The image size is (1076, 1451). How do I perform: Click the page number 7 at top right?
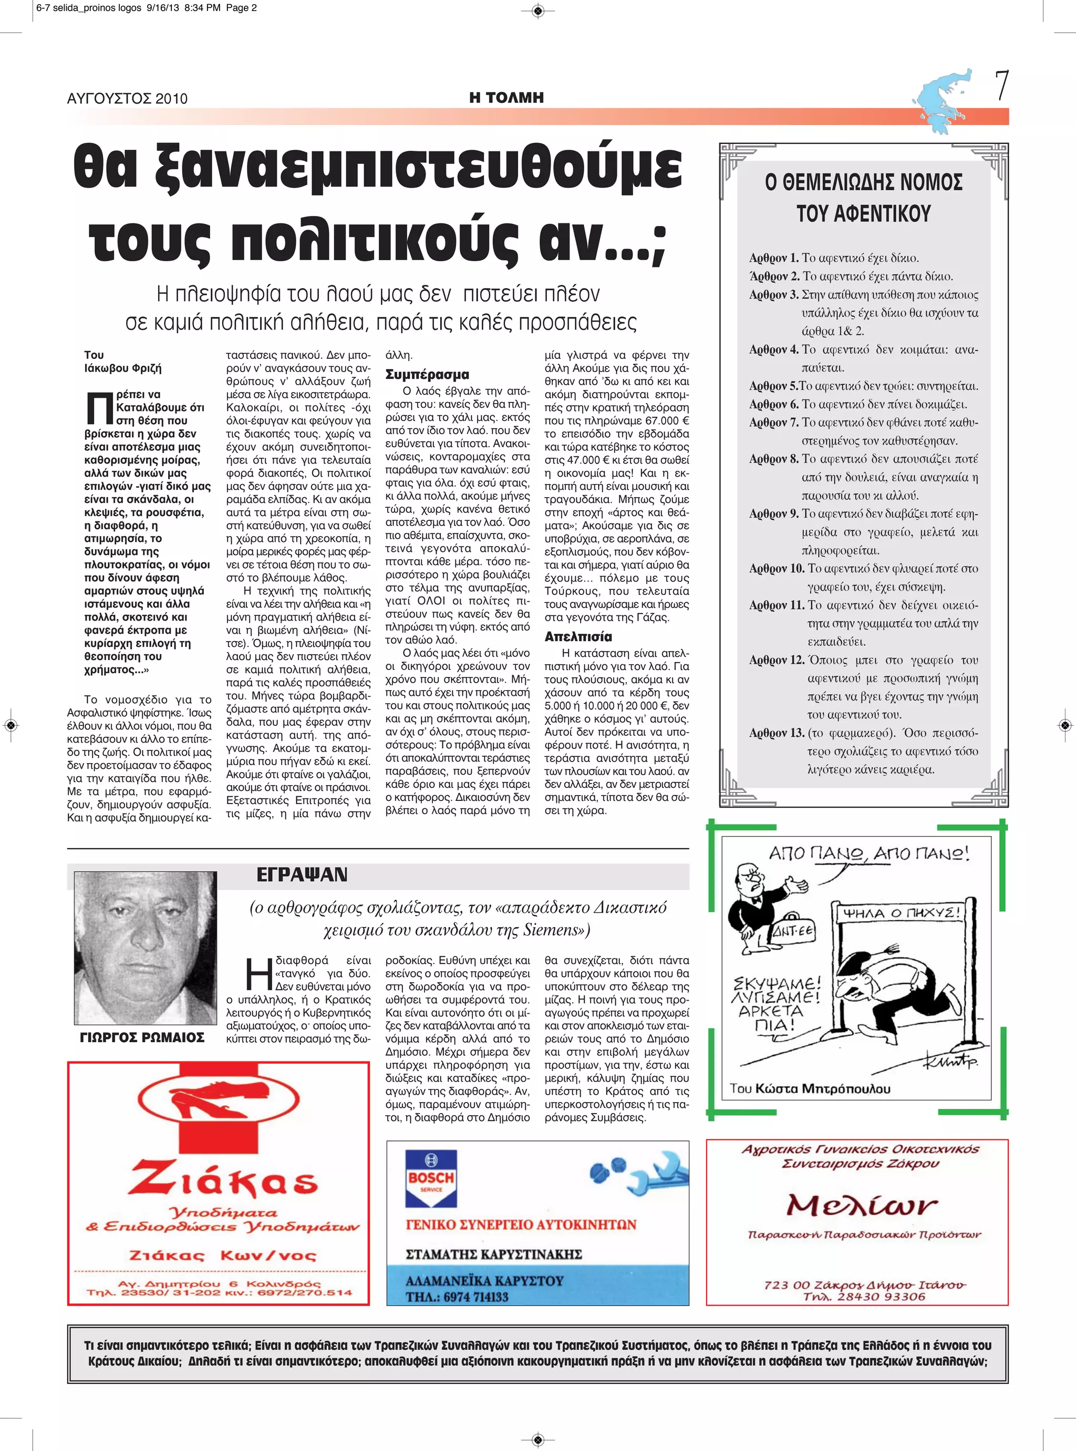pos(1002,86)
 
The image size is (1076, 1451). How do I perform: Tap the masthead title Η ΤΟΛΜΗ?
pos(506,98)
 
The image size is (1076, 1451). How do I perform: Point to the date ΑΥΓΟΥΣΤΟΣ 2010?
pos(127,99)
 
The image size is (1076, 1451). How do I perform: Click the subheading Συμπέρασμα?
pos(427,375)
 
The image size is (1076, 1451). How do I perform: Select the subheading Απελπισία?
pos(578,636)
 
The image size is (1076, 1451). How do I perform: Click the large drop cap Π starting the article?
pos(99,408)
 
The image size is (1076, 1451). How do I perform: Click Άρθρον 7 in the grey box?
pos(773,422)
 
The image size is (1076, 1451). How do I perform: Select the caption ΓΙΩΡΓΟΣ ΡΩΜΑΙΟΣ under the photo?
pos(142,1037)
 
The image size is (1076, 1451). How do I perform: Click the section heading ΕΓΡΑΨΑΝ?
pos(302,874)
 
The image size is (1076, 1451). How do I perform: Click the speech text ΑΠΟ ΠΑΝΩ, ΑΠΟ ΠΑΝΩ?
pos(869,853)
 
